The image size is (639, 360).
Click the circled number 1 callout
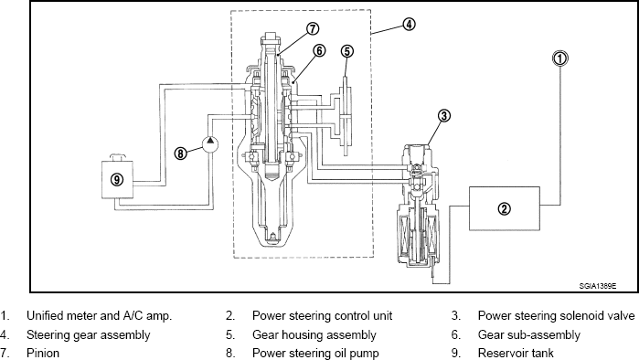click(560, 58)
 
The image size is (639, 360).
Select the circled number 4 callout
click(410, 24)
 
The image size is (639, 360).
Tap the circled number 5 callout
click(346, 51)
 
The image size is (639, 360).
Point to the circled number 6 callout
click(319, 50)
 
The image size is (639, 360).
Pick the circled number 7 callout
click(312, 28)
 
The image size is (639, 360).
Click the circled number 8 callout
click(180, 154)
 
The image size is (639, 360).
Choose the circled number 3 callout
click(444, 116)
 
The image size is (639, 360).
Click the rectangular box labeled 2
click(505, 208)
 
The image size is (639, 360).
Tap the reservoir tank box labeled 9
click(117, 180)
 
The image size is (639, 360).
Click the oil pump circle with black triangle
click(210, 143)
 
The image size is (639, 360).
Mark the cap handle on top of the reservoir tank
click(118, 157)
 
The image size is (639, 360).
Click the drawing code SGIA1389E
click(598, 286)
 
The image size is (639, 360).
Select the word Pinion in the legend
click(43, 353)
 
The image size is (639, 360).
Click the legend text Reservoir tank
click(516, 353)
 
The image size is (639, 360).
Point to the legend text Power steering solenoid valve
click(557, 315)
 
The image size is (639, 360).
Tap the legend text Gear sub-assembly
click(529, 334)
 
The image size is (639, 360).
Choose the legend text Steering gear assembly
click(89, 334)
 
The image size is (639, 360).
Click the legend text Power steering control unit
click(322, 315)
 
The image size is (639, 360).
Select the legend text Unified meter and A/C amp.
click(99, 315)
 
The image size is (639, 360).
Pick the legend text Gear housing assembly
click(314, 334)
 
